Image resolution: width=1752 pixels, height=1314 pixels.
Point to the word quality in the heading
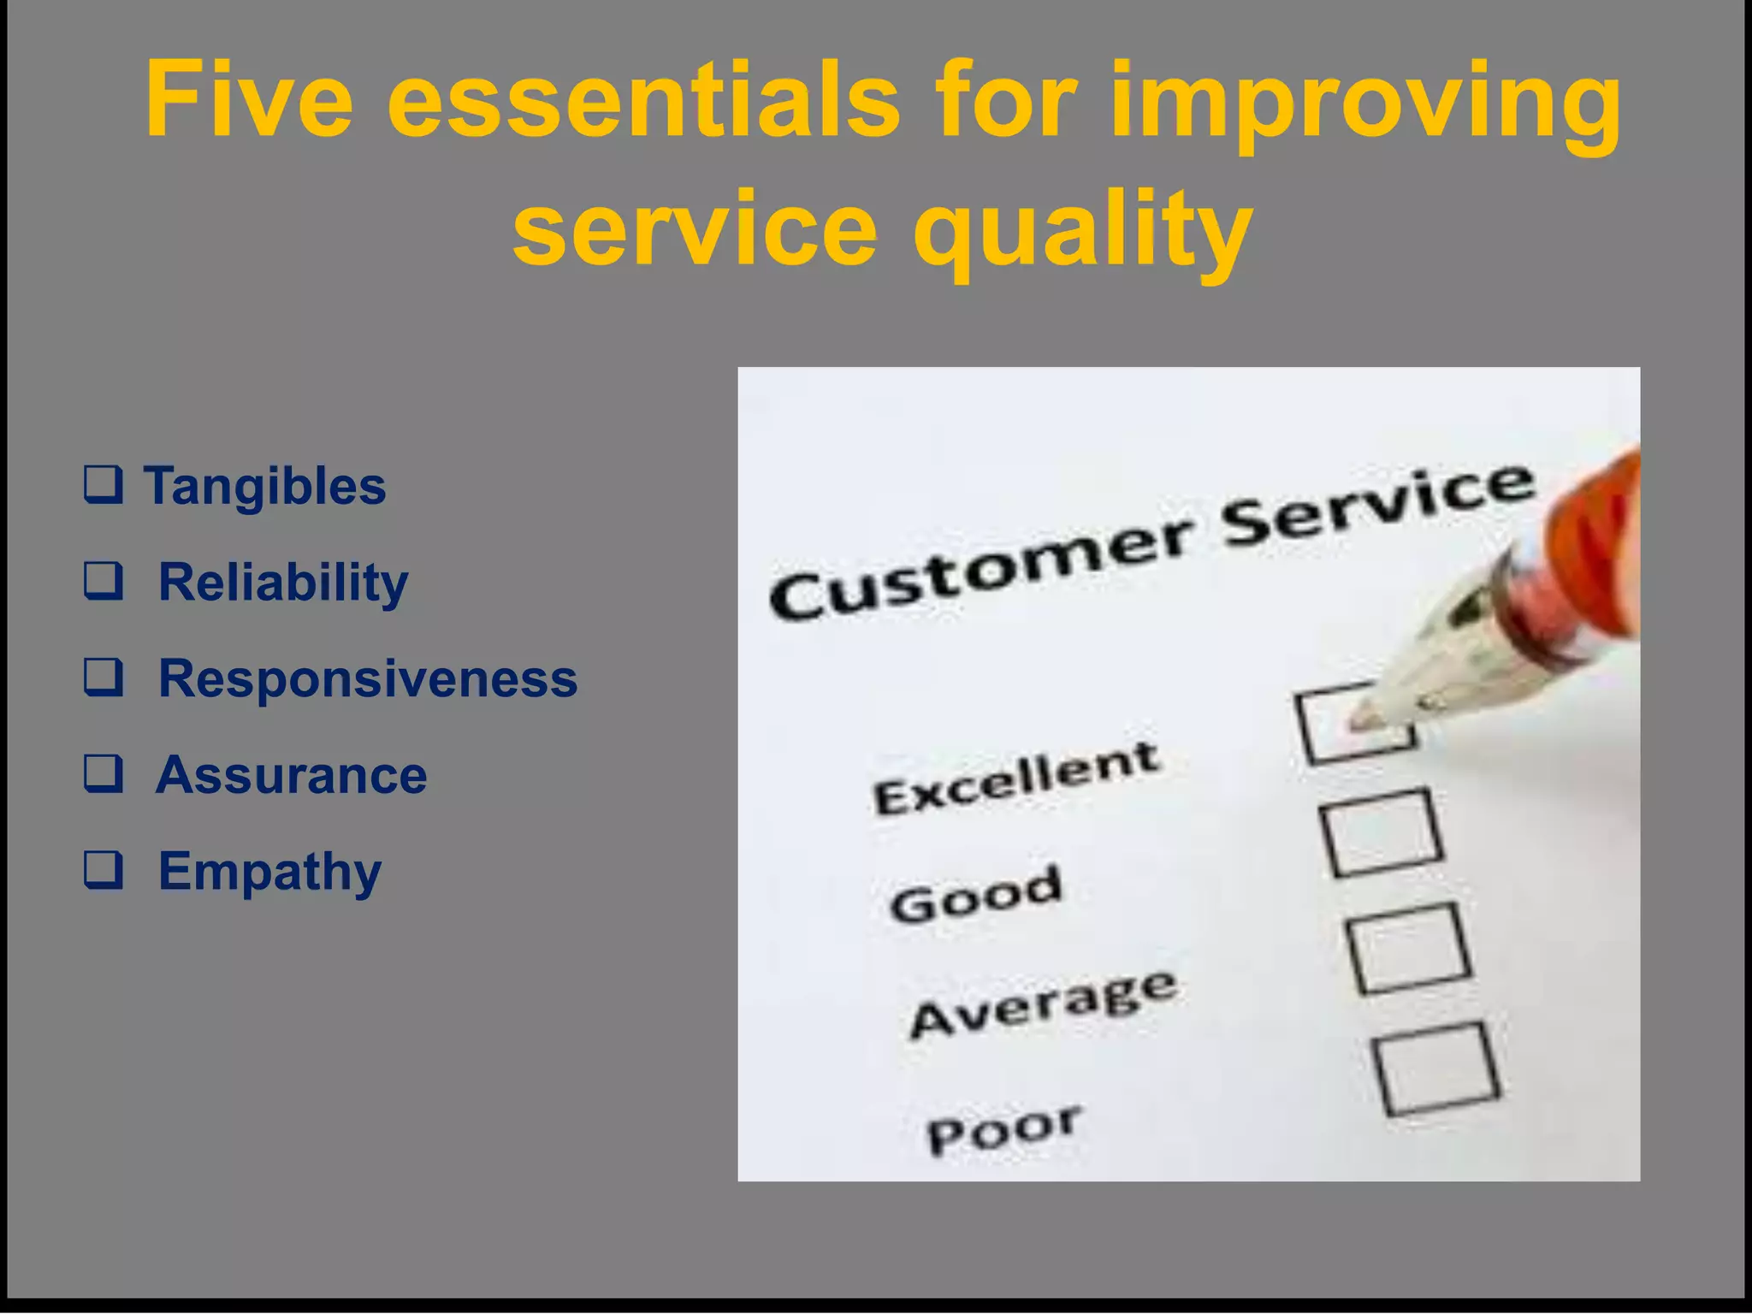coord(1081,231)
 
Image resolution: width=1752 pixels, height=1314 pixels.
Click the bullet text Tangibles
coord(264,486)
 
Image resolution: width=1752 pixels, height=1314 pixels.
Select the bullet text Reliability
coord(283,583)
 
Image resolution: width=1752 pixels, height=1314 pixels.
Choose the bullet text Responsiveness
coord(368,678)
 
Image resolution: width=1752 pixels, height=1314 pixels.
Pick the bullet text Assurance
coord(291,775)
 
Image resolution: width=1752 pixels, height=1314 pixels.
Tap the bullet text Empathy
coord(269,872)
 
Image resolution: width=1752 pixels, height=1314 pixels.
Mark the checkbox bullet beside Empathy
coord(103,870)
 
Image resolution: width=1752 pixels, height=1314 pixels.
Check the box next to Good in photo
coord(1382,832)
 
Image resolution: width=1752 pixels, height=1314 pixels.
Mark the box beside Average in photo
coord(1409,948)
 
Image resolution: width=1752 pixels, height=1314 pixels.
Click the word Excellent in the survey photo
coord(1015,778)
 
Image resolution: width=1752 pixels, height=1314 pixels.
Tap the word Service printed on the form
coord(1377,505)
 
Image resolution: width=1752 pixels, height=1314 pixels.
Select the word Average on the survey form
coord(1044,1004)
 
